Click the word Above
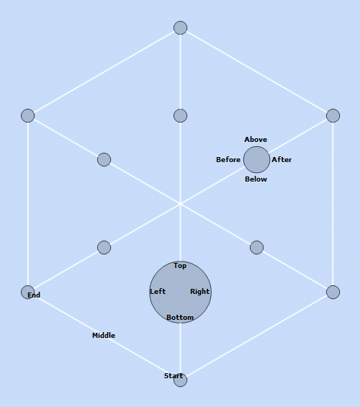pyautogui.click(x=256, y=140)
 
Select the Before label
pyautogui.click(x=228, y=160)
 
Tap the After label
pyautogui.click(x=282, y=160)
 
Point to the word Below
pyautogui.click(x=256, y=179)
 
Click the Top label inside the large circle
pyautogui.click(x=180, y=266)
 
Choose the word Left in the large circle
pyautogui.click(x=158, y=292)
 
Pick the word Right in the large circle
pyautogui.click(x=199, y=292)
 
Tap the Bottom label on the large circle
pyautogui.click(x=180, y=318)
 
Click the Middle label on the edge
pyautogui.click(x=104, y=336)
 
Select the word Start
pyautogui.click(x=174, y=376)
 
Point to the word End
pyautogui.click(x=34, y=295)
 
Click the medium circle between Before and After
pyautogui.click(x=256, y=160)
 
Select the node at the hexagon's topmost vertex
pyautogui.click(x=181, y=28)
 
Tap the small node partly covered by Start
pyautogui.click(x=181, y=380)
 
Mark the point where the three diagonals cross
pyautogui.click(x=181, y=204)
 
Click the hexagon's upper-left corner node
pyautogui.click(x=28, y=115)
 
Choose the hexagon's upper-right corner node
pyautogui.click(x=333, y=115)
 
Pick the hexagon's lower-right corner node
pyautogui.click(x=333, y=292)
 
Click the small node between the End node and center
pyautogui.click(x=104, y=248)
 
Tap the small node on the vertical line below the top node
pyautogui.click(x=181, y=115)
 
